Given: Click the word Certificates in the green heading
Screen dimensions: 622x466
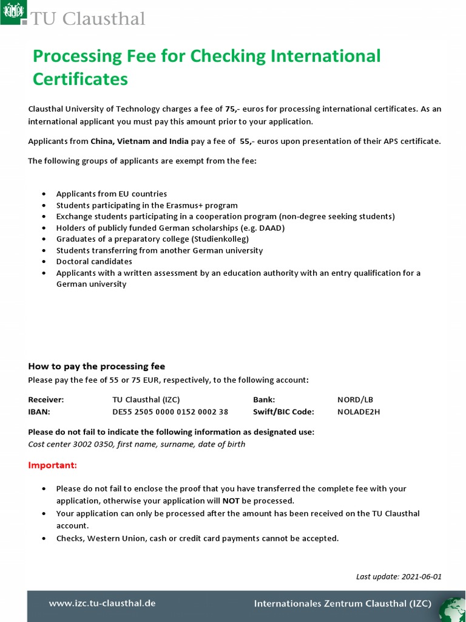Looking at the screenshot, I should [80, 79].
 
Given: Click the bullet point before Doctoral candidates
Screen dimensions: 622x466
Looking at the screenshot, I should [43, 262].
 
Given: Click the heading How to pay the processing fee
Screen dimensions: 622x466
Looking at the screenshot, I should [96, 366].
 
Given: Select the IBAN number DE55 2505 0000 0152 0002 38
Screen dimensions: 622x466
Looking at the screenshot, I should [171, 412].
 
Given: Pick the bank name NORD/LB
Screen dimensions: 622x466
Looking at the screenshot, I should [355, 400].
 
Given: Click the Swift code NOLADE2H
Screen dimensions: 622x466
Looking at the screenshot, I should [359, 412].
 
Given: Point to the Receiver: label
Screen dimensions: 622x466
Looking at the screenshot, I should [46, 400].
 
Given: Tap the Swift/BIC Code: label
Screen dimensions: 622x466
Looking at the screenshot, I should [283, 412].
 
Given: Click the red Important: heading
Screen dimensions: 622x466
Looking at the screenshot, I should [53, 465].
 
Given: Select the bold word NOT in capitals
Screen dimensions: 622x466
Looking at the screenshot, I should [231, 501].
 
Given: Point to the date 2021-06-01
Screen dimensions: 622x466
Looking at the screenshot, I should [421, 576].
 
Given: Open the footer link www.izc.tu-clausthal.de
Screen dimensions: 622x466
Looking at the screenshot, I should [103, 603].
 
